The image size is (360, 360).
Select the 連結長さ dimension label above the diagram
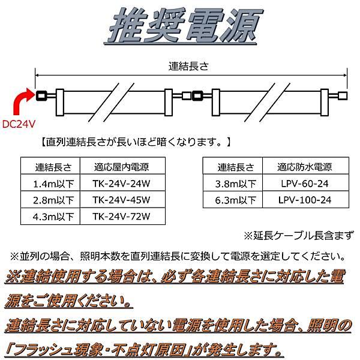tap(190, 66)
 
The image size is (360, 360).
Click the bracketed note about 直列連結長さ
tap(134, 143)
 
